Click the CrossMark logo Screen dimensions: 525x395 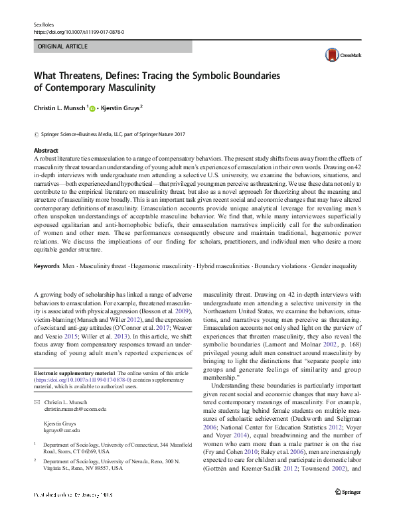pyautogui.click(x=339, y=56)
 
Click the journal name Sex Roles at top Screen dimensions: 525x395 pyautogui.click(x=43, y=24)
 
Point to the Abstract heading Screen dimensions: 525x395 pyautogui.click(x=46, y=151)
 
